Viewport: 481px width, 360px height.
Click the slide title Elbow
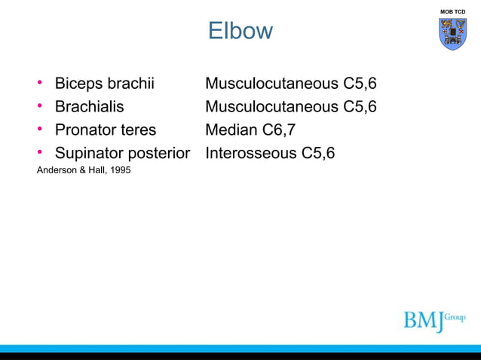pos(240,32)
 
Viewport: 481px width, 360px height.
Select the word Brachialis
pos(89,106)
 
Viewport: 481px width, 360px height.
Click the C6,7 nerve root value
pos(278,130)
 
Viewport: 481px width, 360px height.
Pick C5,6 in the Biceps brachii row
pos(360,83)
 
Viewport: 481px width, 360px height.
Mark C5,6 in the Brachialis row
pos(360,106)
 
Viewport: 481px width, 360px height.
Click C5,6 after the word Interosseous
pos(318,154)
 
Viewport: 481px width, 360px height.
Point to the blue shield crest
pos(452,35)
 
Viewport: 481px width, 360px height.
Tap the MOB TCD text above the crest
pos(453,12)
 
